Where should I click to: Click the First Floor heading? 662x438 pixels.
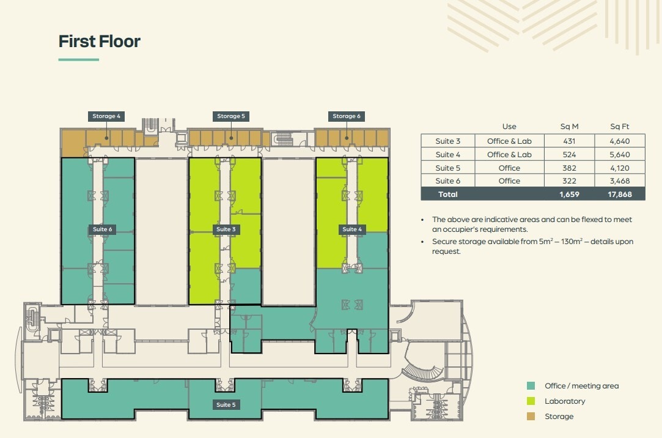coord(100,42)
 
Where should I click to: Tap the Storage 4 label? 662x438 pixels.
coord(106,116)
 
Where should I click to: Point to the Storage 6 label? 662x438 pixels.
coord(347,116)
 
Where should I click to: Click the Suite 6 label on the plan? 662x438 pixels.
coord(102,229)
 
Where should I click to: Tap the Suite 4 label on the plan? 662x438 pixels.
coord(352,229)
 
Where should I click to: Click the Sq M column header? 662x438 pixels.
coord(569,127)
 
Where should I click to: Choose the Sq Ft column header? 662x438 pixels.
coord(619,127)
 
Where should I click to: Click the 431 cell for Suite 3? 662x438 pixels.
coord(569,141)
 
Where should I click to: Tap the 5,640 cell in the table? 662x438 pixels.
coord(619,155)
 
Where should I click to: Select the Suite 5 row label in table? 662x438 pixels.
coord(448,168)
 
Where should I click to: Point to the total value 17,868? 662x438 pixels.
coord(619,195)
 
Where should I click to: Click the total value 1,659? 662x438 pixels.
coord(569,195)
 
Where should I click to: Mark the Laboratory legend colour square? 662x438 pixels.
coord(531,401)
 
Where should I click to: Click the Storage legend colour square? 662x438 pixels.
coord(531,417)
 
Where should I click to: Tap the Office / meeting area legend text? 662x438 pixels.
coord(581,386)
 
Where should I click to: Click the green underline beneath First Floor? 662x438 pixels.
coord(79,60)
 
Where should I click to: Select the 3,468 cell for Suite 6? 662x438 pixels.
coord(619,181)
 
